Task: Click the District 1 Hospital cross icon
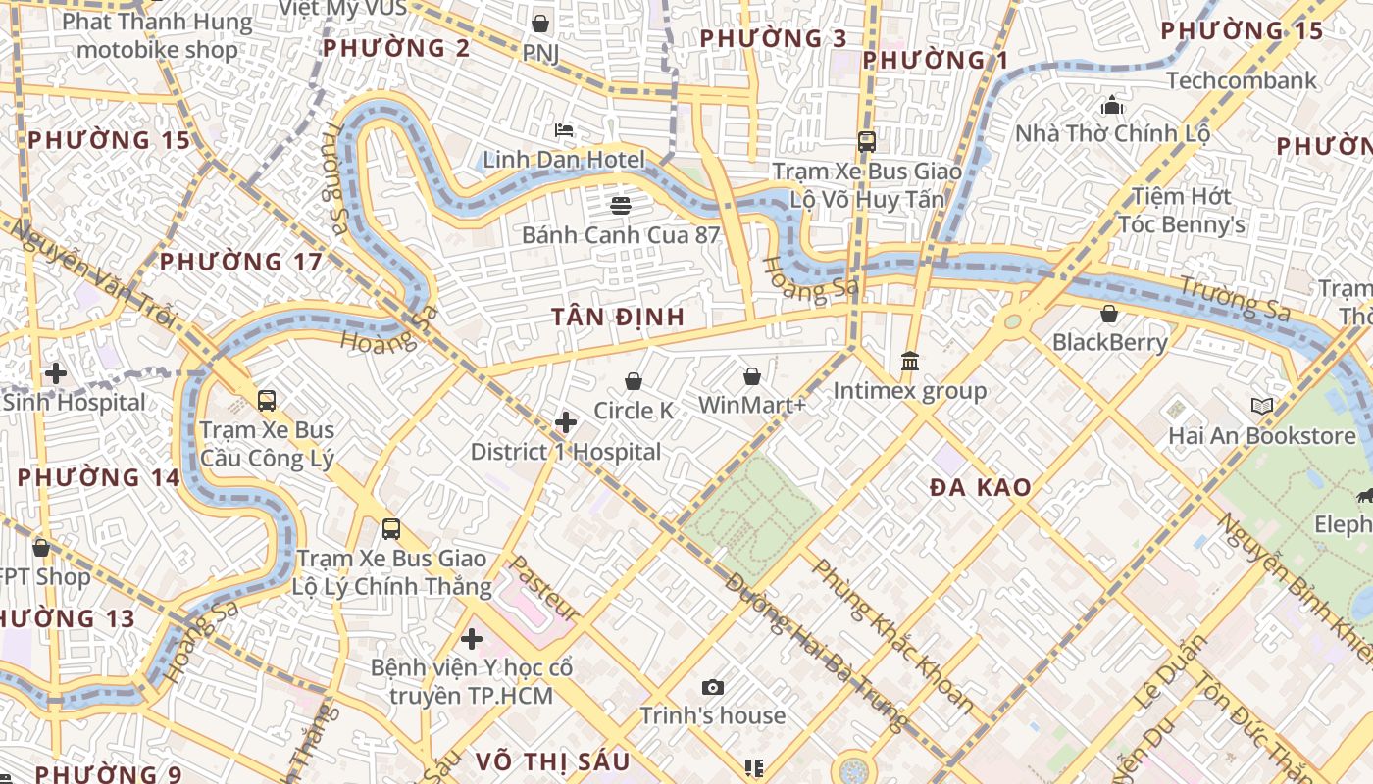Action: pos(566,422)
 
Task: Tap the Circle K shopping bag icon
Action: pos(634,381)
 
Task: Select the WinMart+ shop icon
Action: pos(752,375)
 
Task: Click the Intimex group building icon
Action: pos(909,362)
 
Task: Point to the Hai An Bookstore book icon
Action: pos(1262,406)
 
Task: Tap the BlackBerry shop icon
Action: pos(1109,314)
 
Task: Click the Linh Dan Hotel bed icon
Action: pos(564,130)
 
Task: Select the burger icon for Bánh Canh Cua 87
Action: pos(620,205)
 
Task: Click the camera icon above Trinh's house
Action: pos(713,687)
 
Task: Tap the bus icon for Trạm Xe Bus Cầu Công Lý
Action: pos(267,400)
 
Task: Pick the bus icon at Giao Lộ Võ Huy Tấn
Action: pos(867,141)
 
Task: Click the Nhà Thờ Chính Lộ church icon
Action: pos(1112,104)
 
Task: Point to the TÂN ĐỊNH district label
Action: pos(617,318)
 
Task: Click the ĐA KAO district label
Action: pos(980,488)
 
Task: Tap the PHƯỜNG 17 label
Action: pos(241,262)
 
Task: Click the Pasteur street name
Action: pos(543,587)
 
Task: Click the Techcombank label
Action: pos(1242,80)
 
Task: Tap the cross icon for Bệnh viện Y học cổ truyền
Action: pos(472,639)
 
